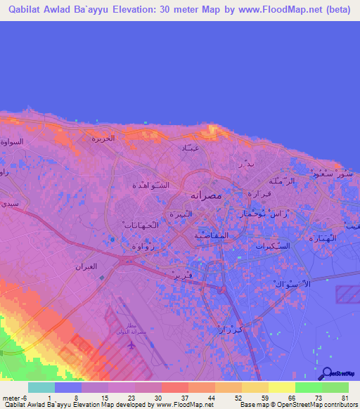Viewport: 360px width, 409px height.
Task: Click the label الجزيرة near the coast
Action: click(103, 138)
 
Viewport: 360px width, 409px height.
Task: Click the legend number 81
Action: click(343, 398)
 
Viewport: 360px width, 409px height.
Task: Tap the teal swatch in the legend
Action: click(41, 387)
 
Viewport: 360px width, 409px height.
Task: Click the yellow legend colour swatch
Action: click(281, 387)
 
